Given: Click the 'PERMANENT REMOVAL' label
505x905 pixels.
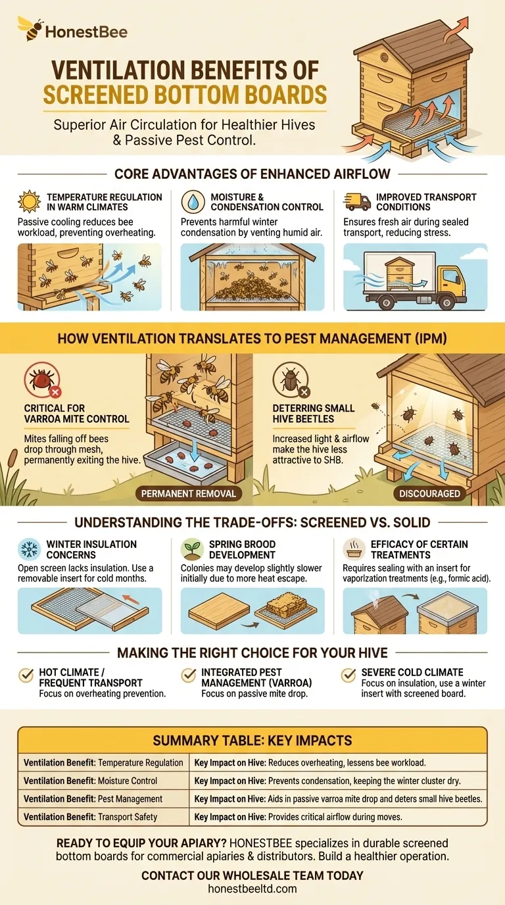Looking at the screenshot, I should coord(189,493).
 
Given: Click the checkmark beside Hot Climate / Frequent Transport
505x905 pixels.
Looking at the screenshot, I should coord(27,675).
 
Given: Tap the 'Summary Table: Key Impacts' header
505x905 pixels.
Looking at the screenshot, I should coord(252,741).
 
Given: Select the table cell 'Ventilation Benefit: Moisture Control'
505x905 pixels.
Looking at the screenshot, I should coord(91,781).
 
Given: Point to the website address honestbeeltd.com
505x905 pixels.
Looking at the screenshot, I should coord(252,889).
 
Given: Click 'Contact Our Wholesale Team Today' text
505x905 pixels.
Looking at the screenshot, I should coord(252,875).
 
